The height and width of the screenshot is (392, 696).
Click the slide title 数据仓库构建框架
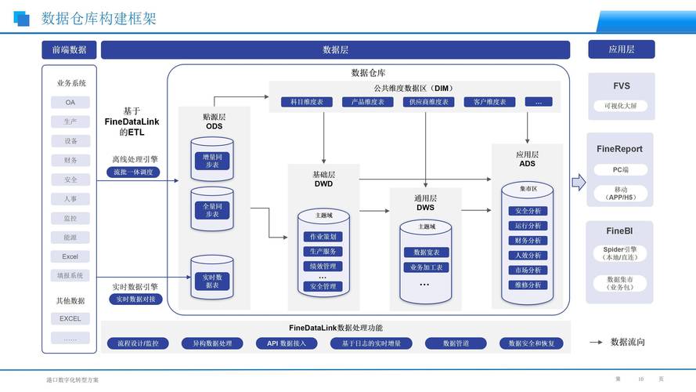(x=99, y=18)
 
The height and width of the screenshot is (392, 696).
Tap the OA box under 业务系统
(x=70, y=103)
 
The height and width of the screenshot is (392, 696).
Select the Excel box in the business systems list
(x=70, y=256)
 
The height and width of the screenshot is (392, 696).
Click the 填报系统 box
(x=70, y=276)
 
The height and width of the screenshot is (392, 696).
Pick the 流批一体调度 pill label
(x=133, y=172)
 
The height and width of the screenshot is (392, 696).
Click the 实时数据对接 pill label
(x=135, y=299)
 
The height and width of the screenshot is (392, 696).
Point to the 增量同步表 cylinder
(x=212, y=161)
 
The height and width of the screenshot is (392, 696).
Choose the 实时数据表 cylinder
(x=212, y=281)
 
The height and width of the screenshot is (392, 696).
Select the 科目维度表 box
(x=307, y=102)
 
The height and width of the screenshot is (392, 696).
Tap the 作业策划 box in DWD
(x=323, y=237)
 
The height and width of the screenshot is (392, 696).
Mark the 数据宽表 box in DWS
(x=426, y=252)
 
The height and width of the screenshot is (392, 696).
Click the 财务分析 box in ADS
(x=528, y=241)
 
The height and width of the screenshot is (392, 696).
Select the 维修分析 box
(x=528, y=285)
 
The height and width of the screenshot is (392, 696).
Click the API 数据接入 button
(x=286, y=343)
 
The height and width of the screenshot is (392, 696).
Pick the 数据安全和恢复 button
(x=532, y=343)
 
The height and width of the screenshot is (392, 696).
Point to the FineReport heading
(x=619, y=149)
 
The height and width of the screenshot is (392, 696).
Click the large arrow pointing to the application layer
(x=579, y=182)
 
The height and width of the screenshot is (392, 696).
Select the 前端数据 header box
(x=69, y=49)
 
